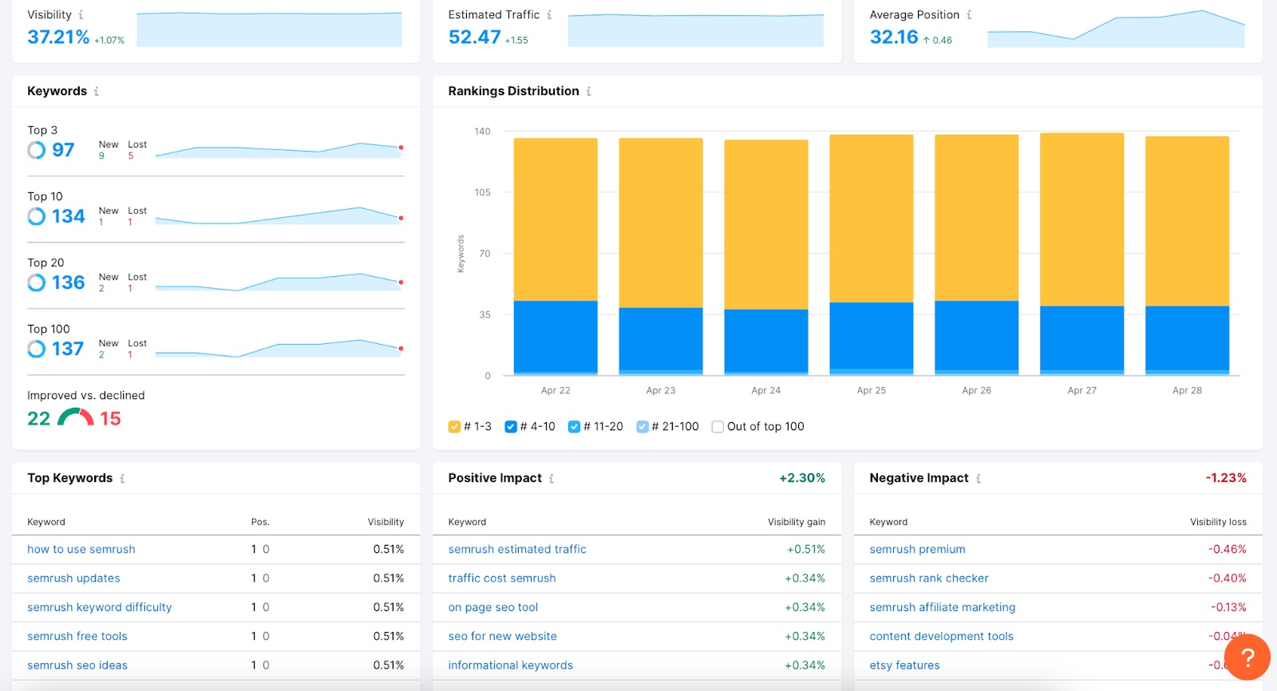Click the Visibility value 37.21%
pyautogui.click(x=58, y=37)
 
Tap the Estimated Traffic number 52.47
pyautogui.click(x=474, y=37)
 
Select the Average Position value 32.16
pyautogui.click(x=894, y=37)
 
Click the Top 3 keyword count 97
pyautogui.click(x=62, y=150)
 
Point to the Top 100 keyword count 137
pyautogui.click(x=67, y=349)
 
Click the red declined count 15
pyautogui.click(x=110, y=418)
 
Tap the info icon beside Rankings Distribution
pyautogui.click(x=589, y=92)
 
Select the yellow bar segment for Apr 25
pyautogui.click(x=871, y=218)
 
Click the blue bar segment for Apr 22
pyautogui.click(x=555, y=335)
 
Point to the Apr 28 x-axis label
pyautogui.click(x=1187, y=390)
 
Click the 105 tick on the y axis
pyautogui.click(x=482, y=192)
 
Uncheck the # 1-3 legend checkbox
pyautogui.click(x=454, y=427)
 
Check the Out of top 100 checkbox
pyautogui.click(x=718, y=427)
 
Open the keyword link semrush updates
pyautogui.click(x=73, y=578)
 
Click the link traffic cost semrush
pyautogui.click(x=502, y=578)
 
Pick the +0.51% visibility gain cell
pyautogui.click(x=805, y=549)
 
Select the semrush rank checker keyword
pyautogui.click(x=928, y=578)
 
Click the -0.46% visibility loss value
pyautogui.click(x=1227, y=549)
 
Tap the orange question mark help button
pyautogui.click(x=1247, y=657)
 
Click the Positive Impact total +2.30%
pyautogui.click(x=802, y=478)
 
